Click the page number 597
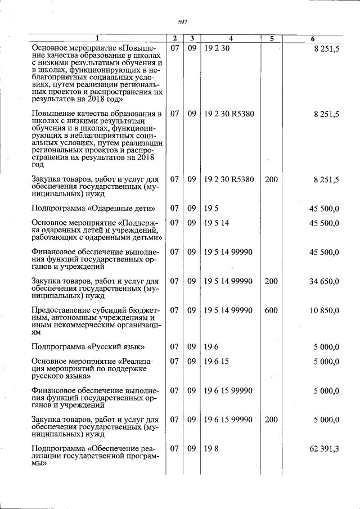182,21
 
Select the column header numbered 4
231,39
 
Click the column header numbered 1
97,39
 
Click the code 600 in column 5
271,310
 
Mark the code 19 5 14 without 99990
217,223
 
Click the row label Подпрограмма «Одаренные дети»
93,208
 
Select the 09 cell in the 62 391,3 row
192,449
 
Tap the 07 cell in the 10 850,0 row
175,310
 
